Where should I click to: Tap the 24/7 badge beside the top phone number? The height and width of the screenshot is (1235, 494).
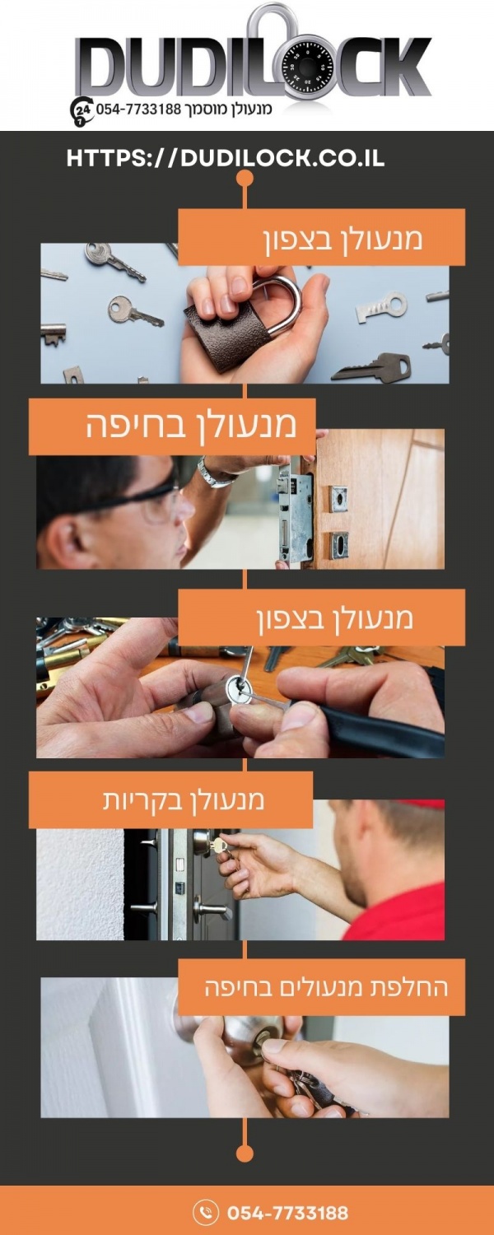pyautogui.click(x=82, y=111)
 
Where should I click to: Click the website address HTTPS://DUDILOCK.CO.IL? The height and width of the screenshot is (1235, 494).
pyautogui.click(x=225, y=158)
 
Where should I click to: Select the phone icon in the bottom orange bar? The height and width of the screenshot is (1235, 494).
pyautogui.click(x=207, y=1212)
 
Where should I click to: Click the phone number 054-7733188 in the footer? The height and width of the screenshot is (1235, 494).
pyautogui.click(x=288, y=1213)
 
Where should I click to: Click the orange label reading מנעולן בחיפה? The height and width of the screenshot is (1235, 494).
pyautogui.click(x=172, y=426)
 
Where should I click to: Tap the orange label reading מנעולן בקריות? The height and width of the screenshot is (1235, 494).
pyautogui.click(x=171, y=799)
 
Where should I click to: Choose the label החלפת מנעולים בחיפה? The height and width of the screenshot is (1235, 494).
pyautogui.click(x=321, y=986)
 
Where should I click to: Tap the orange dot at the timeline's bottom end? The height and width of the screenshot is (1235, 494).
pyautogui.click(x=245, y=1153)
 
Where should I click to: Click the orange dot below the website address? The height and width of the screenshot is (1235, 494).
pyautogui.click(x=245, y=179)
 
